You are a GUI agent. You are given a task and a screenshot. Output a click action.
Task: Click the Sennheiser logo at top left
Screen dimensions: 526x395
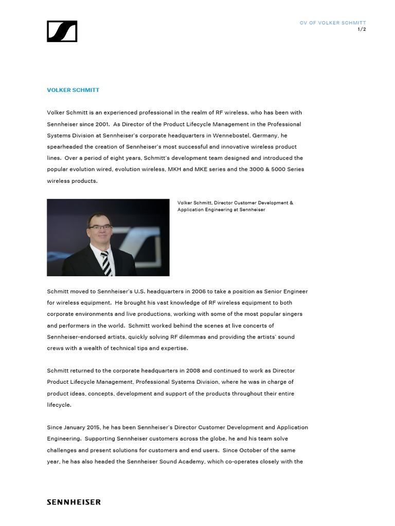pos(62,31)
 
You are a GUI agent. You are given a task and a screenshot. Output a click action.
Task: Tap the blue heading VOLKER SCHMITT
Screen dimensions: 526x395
pos(73,90)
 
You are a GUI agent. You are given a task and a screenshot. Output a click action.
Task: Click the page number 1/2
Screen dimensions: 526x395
pos(362,29)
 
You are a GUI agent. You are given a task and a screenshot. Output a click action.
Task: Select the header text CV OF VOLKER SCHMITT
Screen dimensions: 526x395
pos(333,23)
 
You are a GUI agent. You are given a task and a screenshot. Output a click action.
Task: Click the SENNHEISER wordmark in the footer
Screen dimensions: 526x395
pos(74,502)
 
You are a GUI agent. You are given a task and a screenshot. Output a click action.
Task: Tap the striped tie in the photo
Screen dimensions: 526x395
pos(106,263)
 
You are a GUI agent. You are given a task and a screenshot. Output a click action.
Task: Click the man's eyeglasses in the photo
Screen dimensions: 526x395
pos(100,226)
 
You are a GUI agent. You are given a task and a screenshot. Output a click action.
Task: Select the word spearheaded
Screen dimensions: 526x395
pos(65,147)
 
